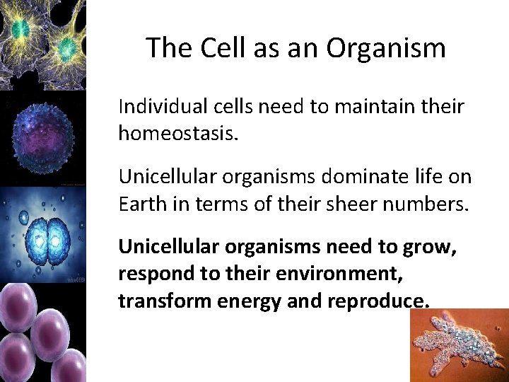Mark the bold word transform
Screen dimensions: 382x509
coord(156,301)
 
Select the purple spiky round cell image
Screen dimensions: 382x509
coord(42,138)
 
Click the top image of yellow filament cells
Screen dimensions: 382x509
coord(42,44)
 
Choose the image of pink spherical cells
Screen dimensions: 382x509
coord(42,332)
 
